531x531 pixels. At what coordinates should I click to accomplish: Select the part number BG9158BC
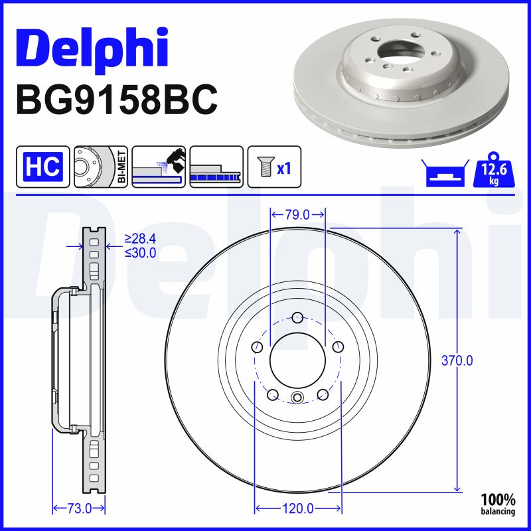[x=115, y=100]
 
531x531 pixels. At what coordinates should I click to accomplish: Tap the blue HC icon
[x=43, y=167]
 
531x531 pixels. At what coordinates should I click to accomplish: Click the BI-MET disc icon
[x=100, y=167]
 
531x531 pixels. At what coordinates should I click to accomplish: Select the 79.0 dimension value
[x=297, y=214]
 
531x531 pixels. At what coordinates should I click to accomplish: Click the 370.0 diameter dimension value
[x=457, y=361]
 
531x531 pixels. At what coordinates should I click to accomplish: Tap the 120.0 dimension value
[x=297, y=508]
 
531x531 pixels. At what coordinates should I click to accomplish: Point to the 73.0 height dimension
[x=79, y=508]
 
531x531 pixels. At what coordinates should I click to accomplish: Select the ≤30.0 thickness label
[x=140, y=252]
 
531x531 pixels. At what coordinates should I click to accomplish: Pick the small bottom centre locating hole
[x=297, y=398]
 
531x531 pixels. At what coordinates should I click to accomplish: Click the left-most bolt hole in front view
[x=257, y=346]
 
